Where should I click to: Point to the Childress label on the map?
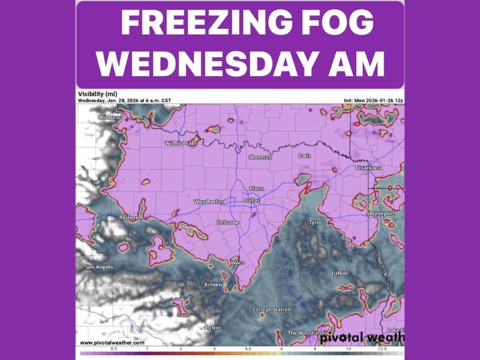tap(109, 118)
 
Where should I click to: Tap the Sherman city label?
tap(260, 157)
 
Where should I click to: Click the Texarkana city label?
tap(368, 168)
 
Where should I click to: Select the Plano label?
tap(256, 188)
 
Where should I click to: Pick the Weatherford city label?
tap(211, 202)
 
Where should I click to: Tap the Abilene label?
tap(128, 217)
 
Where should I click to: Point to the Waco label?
tap(238, 263)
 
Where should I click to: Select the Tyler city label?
tap(315, 223)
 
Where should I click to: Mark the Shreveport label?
tap(380, 214)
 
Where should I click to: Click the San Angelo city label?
tap(98, 267)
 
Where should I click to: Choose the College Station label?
tap(271, 310)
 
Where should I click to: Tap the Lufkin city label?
tap(339, 274)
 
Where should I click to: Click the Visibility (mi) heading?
tap(97, 94)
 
